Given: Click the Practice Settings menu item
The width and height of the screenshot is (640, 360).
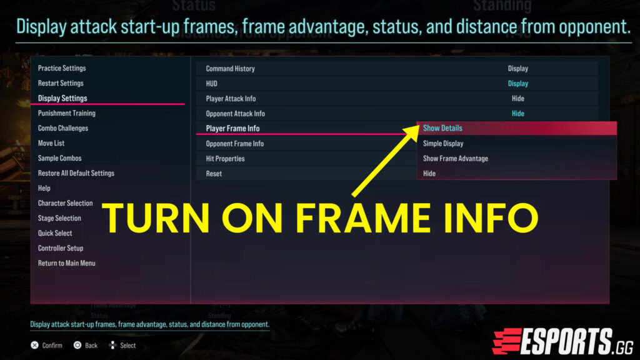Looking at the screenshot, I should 62,68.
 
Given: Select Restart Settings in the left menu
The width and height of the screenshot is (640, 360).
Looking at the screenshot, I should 61,83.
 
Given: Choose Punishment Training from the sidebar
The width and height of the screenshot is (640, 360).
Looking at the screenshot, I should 67,113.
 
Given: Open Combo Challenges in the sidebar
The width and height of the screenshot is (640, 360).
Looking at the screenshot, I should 63,128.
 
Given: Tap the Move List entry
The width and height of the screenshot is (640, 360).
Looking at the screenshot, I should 51,143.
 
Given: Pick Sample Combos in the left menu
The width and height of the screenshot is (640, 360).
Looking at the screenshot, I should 60,158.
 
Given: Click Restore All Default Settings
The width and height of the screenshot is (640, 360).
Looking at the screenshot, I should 76,173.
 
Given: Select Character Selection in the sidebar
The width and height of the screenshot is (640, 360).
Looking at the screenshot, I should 66,203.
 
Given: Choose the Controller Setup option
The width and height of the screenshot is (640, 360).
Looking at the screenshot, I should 61,248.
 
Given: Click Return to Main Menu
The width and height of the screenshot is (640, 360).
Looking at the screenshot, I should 67,263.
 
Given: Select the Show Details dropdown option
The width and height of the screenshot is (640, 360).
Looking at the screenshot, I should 442,128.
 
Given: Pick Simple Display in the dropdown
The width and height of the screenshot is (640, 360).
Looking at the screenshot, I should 443,144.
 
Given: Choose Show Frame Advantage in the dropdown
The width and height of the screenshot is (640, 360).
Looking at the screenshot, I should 456,159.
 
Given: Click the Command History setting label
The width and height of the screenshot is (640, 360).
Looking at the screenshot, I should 231,69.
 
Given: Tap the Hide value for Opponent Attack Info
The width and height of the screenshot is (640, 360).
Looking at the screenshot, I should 518,114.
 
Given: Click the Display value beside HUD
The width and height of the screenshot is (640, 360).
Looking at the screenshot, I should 518,84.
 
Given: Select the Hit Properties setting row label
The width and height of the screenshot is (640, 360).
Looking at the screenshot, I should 226,159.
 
